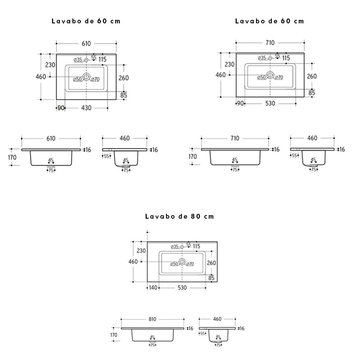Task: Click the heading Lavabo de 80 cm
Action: (x=180, y=216)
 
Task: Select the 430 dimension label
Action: (x=86, y=108)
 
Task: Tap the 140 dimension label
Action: (x=153, y=288)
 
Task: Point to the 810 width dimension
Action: (x=152, y=319)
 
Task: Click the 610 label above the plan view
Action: (x=86, y=43)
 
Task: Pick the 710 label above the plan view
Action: (x=270, y=43)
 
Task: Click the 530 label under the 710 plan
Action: (x=270, y=103)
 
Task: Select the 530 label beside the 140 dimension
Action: (x=182, y=288)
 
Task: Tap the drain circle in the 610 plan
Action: (x=86, y=76)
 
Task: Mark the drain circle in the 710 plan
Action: (x=270, y=75)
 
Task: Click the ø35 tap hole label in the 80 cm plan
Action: (x=175, y=247)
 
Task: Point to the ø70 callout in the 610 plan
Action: (x=95, y=79)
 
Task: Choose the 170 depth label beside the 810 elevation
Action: (x=114, y=335)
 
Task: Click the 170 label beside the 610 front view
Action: (x=12, y=157)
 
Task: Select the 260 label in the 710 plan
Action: (x=312, y=76)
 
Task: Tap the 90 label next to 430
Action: (x=61, y=108)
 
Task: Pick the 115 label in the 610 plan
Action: (x=103, y=59)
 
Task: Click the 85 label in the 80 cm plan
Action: (x=211, y=278)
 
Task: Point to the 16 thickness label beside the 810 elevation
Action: (x=191, y=328)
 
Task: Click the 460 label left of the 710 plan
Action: (x=220, y=75)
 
